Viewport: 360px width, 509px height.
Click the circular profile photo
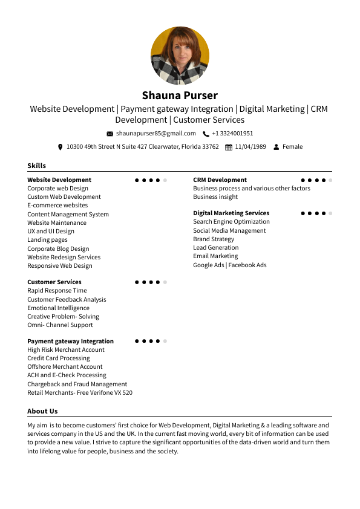click(x=180, y=56)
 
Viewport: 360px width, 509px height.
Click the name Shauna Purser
click(x=180, y=96)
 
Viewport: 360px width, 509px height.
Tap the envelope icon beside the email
click(x=110, y=134)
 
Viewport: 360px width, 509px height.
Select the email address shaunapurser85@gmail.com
click(x=156, y=134)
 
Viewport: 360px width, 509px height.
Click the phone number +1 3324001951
click(x=232, y=134)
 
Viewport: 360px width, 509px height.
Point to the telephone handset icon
click(x=206, y=134)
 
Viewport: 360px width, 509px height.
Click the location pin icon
click(x=60, y=147)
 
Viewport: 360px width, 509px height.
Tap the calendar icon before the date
click(x=228, y=147)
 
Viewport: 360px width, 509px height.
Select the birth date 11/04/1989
click(x=250, y=147)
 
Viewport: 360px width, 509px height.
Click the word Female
click(x=292, y=147)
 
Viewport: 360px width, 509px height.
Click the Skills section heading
click(x=36, y=166)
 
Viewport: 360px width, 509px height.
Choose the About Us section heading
click(x=42, y=411)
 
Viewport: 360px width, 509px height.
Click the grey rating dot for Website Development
click(x=165, y=180)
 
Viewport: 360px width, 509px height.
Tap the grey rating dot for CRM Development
click(x=331, y=180)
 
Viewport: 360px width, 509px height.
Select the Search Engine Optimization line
click(x=231, y=222)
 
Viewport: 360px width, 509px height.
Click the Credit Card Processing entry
click(x=58, y=358)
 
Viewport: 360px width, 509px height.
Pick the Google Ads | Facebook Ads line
click(x=229, y=265)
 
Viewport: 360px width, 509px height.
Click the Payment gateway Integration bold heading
click(x=70, y=341)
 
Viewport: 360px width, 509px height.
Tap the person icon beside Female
click(x=277, y=147)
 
